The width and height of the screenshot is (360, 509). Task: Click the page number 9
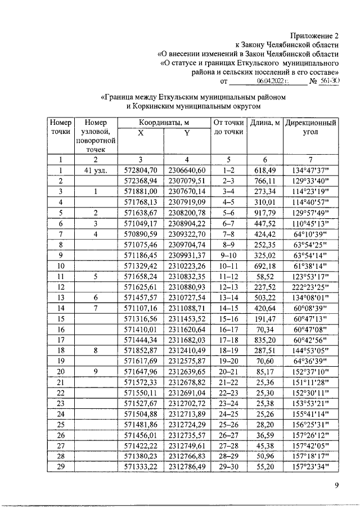335,487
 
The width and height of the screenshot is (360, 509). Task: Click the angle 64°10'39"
310,233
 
